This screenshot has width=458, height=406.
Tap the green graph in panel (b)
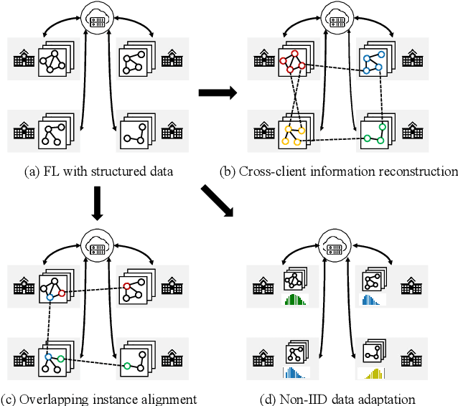(375, 133)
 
